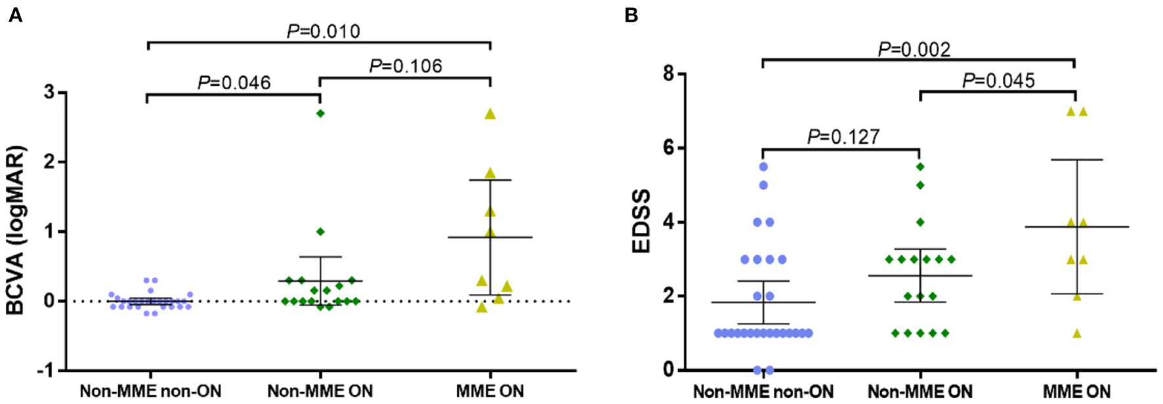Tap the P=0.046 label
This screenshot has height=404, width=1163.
[234, 83]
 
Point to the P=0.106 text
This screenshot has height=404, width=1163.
[406, 66]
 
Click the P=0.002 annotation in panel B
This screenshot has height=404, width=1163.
[915, 49]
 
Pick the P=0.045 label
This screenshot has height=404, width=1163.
[998, 81]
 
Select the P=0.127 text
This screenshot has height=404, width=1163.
[843, 136]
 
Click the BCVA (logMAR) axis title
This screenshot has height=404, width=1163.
[17, 231]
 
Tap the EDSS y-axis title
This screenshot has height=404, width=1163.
[640, 222]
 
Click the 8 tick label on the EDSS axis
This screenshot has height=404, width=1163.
[668, 74]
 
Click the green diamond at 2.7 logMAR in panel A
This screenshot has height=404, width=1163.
[320, 113]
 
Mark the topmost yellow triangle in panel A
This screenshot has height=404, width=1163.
[490, 114]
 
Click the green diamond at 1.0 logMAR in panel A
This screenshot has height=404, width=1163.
[320, 232]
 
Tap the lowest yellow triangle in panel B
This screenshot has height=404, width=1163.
[1076, 333]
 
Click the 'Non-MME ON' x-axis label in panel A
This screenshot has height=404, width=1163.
[320, 392]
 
